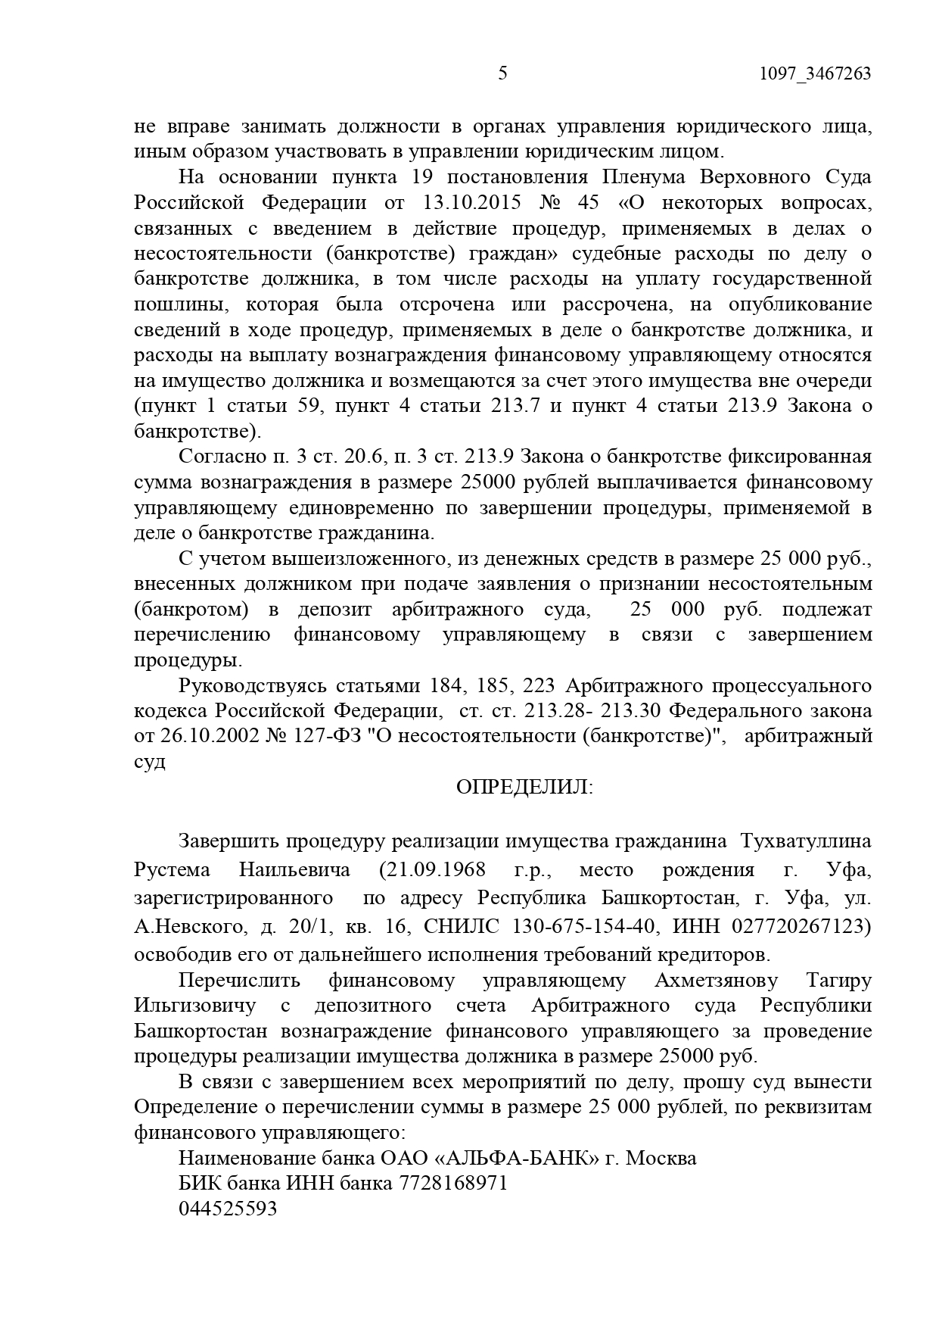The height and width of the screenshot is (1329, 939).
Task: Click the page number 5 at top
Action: click(x=503, y=73)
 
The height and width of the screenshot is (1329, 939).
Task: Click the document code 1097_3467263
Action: click(x=814, y=73)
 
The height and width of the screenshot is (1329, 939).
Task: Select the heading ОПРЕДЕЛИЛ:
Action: click(x=525, y=788)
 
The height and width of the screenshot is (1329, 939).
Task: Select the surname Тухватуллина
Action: click(x=805, y=841)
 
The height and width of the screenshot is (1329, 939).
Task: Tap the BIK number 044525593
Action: click(x=228, y=1209)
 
